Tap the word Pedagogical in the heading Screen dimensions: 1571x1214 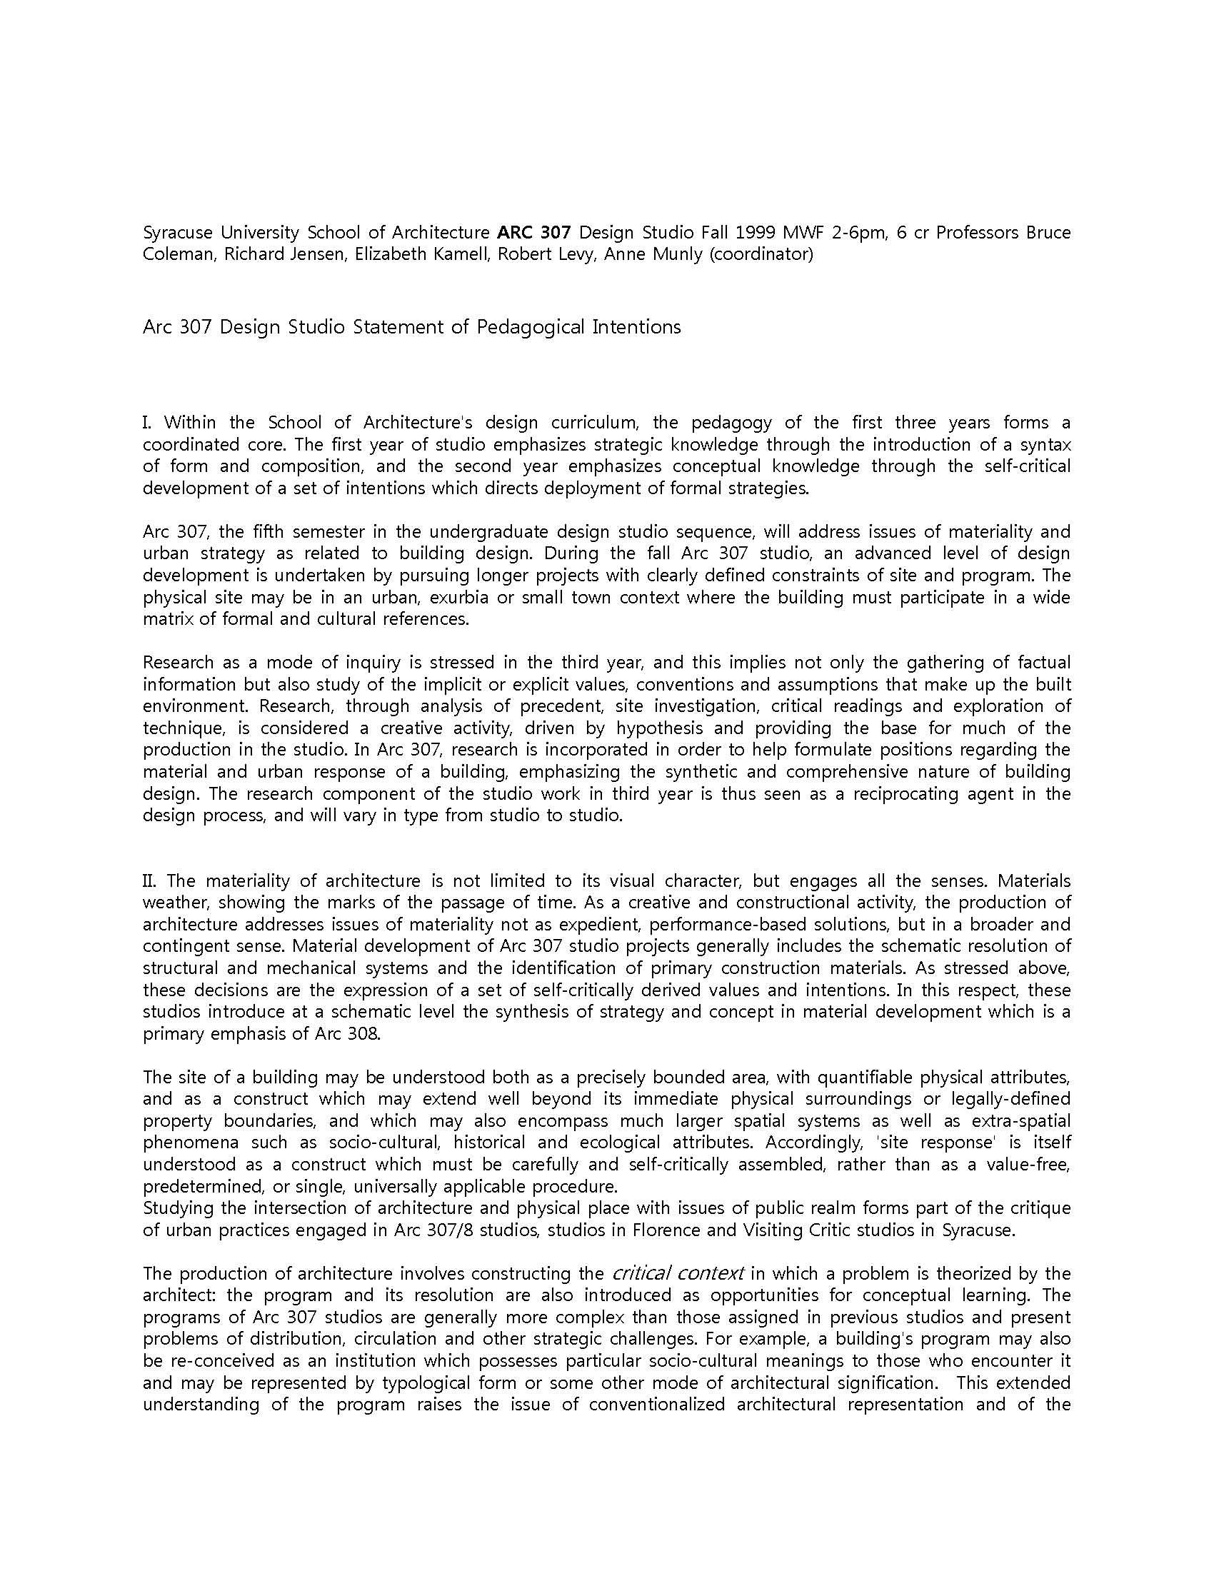pos(531,327)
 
